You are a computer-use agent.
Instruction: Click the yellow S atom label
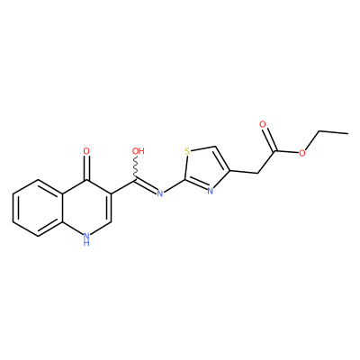pyautogui.click(x=188, y=151)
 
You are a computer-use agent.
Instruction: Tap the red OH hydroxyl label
pyautogui.click(x=139, y=151)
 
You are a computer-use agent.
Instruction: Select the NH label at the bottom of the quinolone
pyautogui.click(x=86, y=239)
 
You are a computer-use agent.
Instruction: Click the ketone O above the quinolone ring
pyautogui.click(x=86, y=151)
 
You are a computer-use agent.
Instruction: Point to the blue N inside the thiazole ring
pyautogui.click(x=211, y=191)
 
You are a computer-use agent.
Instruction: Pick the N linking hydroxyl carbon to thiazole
pyautogui.click(x=160, y=193)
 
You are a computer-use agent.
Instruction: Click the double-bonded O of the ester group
pyautogui.click(x=263, y=124)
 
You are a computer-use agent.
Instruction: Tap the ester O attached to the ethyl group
pyautogui.click(x=302, y=153)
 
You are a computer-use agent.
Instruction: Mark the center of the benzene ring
pyautogui.click(x=38, y=208)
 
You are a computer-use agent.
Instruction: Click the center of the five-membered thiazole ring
pyautogui.click(x=205, y=169)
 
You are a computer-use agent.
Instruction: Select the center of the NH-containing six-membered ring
pyautogui.click(x=87, y=208)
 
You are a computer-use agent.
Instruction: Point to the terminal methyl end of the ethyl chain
pyautogui.click(x=348, y=133)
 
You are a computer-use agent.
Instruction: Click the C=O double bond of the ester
pyautogui.click(x=269, y=139)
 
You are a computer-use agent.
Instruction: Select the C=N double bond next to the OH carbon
pyautogui.click(x=146, y=186)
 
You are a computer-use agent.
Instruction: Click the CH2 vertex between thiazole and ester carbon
pyautogui.click(x=257, y=174)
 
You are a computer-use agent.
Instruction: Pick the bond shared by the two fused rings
pyautogui.click(x=63, y=208)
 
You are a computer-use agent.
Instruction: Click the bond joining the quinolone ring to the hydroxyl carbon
pyautogui.click(x=123, y=186)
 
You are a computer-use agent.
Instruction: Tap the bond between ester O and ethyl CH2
pyautogui.click(x=312, y=140)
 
